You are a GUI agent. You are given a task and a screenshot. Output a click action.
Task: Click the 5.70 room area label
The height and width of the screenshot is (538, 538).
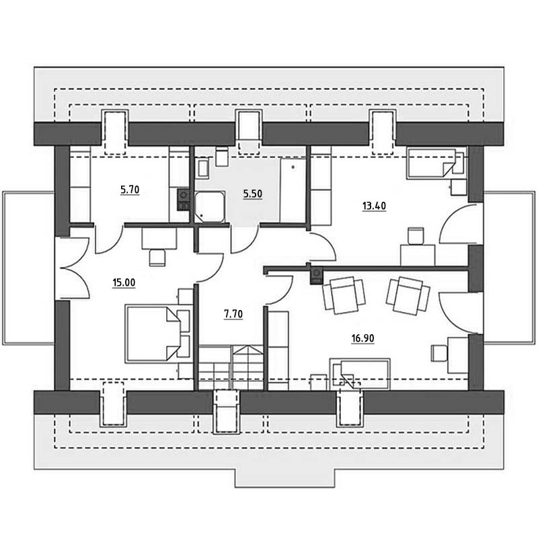tap(130, 190)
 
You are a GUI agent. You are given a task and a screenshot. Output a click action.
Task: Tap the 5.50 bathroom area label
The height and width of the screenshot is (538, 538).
tap(253, 194)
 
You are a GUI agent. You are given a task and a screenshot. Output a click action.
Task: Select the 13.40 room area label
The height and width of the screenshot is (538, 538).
tap(374, 206)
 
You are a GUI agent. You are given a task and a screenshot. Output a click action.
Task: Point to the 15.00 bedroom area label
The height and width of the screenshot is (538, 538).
tap(124, 282)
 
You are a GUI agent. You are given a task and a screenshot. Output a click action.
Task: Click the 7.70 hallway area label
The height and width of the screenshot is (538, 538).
tap(233, 314)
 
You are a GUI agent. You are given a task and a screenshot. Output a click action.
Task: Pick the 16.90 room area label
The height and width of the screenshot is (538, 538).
tap(362, 338)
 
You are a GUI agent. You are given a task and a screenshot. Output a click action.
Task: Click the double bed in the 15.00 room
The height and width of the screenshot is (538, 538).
tap(153, 334)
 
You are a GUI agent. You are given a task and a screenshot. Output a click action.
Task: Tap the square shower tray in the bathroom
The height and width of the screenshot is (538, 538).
tap(210, 207)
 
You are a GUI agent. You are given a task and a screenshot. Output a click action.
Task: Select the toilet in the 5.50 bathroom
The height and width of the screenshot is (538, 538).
tap(222, 157)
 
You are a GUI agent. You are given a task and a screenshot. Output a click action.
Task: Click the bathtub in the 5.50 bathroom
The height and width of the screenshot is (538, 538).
tap(293, 190)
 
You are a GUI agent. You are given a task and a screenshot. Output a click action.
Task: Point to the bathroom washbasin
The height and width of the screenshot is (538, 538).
tap(202, 169)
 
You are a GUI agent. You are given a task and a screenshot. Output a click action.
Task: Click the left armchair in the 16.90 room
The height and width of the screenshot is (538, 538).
tap(343, 295)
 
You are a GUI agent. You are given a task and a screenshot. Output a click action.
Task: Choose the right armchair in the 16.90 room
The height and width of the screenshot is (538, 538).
tap(408, 295)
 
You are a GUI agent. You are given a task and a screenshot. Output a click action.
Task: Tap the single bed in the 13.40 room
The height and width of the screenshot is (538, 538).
tap(434, 163)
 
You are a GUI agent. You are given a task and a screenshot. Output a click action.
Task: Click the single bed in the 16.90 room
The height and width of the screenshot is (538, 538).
tap(360, 375)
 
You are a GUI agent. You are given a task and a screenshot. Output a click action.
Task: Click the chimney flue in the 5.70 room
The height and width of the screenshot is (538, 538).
tap(184, 199)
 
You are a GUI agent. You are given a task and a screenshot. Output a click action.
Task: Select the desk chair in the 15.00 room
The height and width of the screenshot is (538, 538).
tap(157, 258)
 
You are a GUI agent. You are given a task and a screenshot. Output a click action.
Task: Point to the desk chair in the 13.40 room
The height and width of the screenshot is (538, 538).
tap(416, 236)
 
